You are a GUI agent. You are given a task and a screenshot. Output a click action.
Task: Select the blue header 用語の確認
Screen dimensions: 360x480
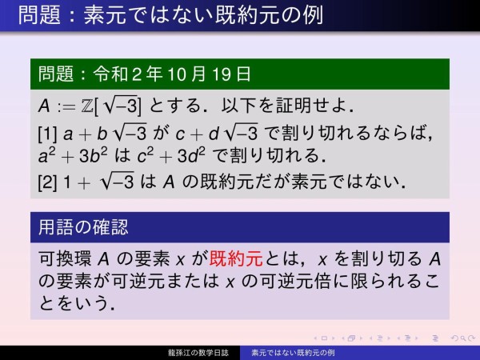coord(83,227)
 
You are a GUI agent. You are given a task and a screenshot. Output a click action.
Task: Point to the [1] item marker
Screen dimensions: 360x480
coord(46,129)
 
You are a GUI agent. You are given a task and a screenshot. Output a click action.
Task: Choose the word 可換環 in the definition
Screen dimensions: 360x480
coord(66,260)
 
